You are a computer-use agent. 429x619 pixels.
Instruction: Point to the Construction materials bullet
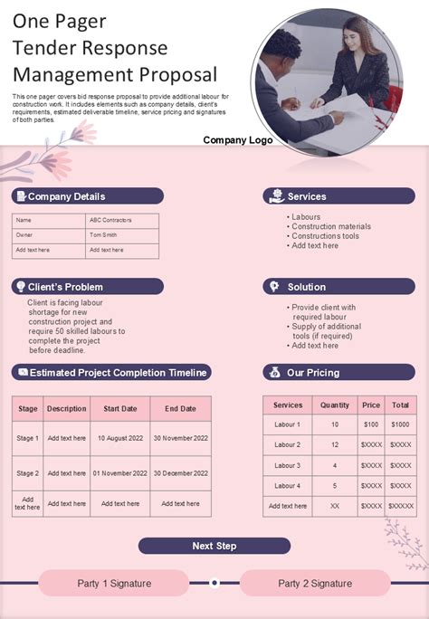pyautogui.click(x=331, y=226)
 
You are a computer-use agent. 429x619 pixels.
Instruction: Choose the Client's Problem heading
pyautogui.click(x=64, y=287)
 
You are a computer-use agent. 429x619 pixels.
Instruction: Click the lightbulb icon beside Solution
pyautogui.click(x=272, y=287)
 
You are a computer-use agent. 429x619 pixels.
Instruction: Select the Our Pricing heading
pyautogui.click(x=313, y=373)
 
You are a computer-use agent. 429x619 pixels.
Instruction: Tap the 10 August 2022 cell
pyautogui.click(x=120, y=438)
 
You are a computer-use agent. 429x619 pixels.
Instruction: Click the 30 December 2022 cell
pyautogui.click(x=181, y=473)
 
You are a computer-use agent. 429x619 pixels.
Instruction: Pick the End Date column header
pyautogui.click(x=181, y=409)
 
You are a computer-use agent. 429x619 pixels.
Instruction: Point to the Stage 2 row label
pyautogui.click(x=28, y=473)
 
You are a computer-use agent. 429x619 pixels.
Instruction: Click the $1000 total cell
pyautogui.click(x=400, y=424)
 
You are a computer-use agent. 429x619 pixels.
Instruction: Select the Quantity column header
pyautogui.click(x=335, y=405)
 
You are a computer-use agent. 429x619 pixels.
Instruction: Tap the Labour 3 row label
pyautogui.click(x=288, y=465)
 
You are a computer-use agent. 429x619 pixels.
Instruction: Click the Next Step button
pyautogui.click(x=214, y=546)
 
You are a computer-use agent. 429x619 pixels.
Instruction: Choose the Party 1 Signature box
pyautogui.click(x=114, y=584)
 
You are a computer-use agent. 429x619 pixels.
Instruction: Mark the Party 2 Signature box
pyautogui.click(x=314, y=584)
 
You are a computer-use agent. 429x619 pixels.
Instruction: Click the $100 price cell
pyautogui.click(x=371, y=424)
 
